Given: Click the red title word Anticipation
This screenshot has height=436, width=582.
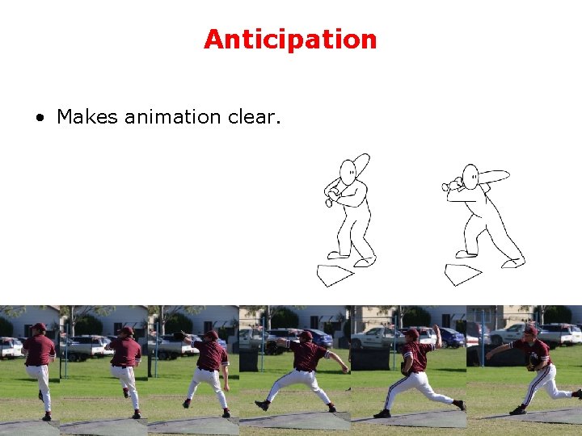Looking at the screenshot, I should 290,40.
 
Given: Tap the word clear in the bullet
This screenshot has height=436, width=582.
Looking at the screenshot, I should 253,117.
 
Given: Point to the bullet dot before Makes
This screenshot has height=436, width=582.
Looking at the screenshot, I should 40,118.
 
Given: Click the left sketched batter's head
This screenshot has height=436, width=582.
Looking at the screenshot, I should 348,172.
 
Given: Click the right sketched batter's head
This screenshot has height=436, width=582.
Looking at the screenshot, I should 470,175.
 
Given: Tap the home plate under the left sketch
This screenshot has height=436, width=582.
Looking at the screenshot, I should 335,274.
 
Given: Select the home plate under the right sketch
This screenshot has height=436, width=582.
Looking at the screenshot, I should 462,274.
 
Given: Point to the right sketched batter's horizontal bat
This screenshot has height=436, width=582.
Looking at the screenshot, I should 493,176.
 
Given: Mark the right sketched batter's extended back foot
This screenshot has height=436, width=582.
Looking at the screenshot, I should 512,262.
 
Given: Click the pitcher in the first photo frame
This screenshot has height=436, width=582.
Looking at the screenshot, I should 39,367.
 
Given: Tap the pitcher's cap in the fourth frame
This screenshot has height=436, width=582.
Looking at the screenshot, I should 305,335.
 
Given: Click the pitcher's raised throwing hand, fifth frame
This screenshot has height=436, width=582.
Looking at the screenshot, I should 436,329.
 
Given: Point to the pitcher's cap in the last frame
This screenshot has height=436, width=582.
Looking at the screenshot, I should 530,330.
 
